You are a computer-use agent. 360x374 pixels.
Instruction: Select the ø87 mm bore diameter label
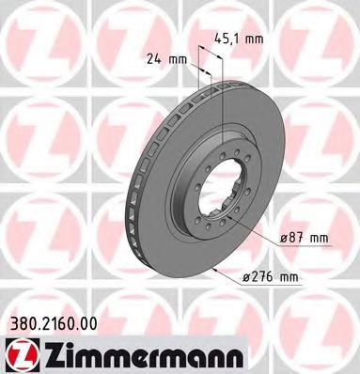[303, 240]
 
